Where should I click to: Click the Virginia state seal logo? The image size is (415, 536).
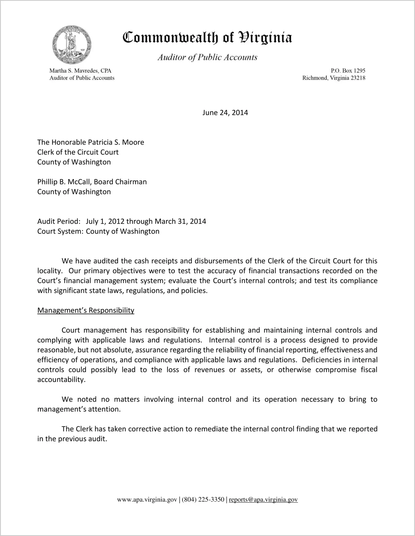click(x=72, y=45)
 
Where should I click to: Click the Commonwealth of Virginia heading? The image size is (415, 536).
click(x=207, y=38)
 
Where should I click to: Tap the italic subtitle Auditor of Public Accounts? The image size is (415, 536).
click(x=207, y=57)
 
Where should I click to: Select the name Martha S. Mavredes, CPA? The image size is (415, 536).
click(x=80, y=71)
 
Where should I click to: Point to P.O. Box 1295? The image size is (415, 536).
click(x=348, y=71)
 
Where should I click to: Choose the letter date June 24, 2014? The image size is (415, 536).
click(x=225, y=113)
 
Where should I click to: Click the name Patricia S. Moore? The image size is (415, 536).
click(x=116, y=142)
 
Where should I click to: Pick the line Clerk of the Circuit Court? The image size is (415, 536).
click(x=78, y=152)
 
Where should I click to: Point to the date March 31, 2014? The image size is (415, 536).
click(x=180, y=222)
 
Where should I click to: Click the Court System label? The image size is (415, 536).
click(x=60, y=231)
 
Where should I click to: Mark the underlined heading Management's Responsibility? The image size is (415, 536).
click(x=86, y=310)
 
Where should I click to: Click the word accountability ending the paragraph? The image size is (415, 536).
click(x=61, y=380)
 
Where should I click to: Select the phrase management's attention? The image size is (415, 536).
click(x=79, y=409)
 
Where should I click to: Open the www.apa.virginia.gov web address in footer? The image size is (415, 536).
click(x=147, y=500)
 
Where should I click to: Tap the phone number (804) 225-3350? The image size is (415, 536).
click(x=203, y=500)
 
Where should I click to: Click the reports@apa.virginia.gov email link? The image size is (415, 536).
click(x=263, y=500)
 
